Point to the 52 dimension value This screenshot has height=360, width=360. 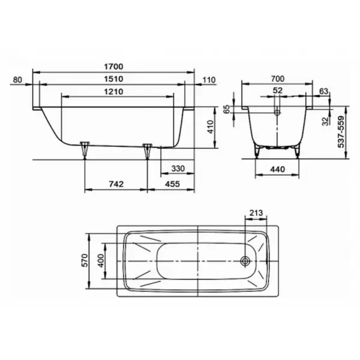pyautogui.click(x=277, y=91)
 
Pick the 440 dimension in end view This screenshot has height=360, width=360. pyautogui.click(x=277, y=170)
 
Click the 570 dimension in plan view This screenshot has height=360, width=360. pyautogui.click(x=86, y=260)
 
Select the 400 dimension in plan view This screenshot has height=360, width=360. pyautogui.click(x=102, y=260)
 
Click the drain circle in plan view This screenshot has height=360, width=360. pyautogui.click(x=245, y=261)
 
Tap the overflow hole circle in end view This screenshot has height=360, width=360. pyautogui.click(x=277, y=112)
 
